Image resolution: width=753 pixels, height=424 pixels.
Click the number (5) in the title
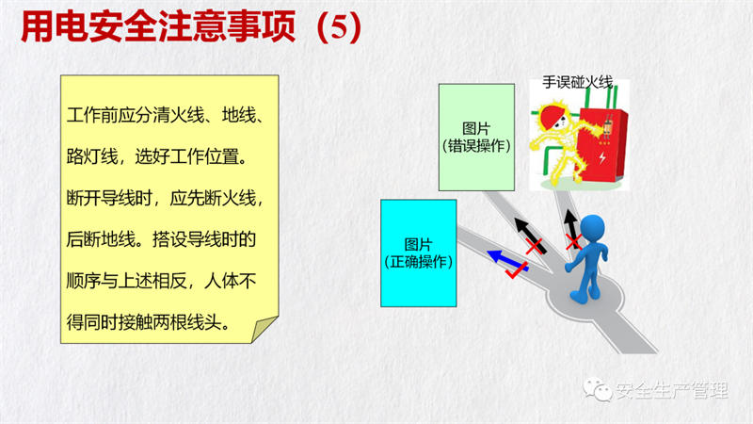click(x=339, y=27)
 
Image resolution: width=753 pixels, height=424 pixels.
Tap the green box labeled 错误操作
click(x=476, y=138)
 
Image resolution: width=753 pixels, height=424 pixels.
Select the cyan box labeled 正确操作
click(x=418, y=253)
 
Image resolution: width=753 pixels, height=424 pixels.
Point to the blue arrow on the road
click(x=507, y=261)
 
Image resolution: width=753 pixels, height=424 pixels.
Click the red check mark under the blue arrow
click(x=516, y=271)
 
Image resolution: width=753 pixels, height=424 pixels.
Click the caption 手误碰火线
click(x=578, y=83)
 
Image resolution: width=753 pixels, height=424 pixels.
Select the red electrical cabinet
click(x=603, y=145)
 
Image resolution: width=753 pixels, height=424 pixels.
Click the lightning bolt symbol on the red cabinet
click(x=602, y=157)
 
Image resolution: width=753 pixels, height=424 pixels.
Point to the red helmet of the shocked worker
click(x=551, y=115)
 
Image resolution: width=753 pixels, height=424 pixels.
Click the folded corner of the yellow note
click(x=265, y=329)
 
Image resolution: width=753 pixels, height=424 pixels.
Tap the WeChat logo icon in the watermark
click(x=598, y=389)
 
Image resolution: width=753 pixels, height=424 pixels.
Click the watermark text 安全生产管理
click(x=672, y=390)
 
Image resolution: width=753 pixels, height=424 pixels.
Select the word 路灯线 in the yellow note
click(x=92, y=156)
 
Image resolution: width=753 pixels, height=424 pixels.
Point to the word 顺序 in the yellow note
click(x=84, y=281)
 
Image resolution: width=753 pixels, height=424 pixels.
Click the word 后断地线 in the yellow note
click(x=101, y=239)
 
